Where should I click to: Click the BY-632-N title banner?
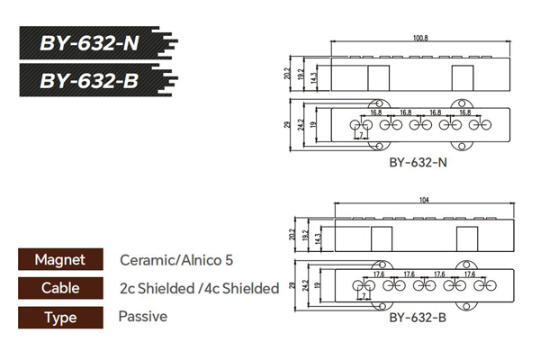(98, 42)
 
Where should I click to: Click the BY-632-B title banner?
(98, 80)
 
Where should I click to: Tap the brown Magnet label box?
(60, 259)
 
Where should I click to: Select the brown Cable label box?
(60, 288)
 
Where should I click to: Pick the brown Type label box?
(60, 318)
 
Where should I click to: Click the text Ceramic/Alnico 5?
(176, 260)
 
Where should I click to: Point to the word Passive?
(143, 316)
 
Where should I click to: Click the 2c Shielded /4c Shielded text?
(200, 288)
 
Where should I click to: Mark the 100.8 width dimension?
(420, 38)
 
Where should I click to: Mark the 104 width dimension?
(424, 200)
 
